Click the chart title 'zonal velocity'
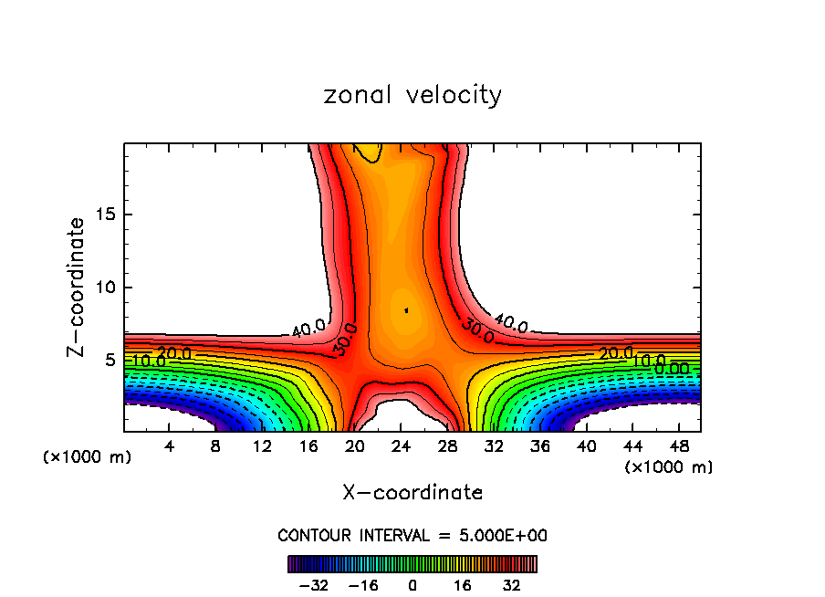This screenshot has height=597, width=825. tap(412, 95)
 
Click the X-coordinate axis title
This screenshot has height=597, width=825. tap(412, 493)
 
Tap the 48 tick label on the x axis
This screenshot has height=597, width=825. tap(679, 446)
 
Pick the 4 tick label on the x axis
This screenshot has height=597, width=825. tap(170, 446)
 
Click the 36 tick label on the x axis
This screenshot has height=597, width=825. tap(540, 446)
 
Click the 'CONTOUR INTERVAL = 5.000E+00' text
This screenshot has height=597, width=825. tap(412, 535)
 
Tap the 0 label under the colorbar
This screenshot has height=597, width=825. tap(412, 585)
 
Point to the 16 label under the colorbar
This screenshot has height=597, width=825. tap(463, 585)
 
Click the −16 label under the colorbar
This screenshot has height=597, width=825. tap(363, 585)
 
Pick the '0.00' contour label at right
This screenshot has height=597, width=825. tap(672, 368)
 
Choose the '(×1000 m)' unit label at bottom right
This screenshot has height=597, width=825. tap(669, 466)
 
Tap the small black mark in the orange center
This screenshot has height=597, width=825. tap(406, 310)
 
